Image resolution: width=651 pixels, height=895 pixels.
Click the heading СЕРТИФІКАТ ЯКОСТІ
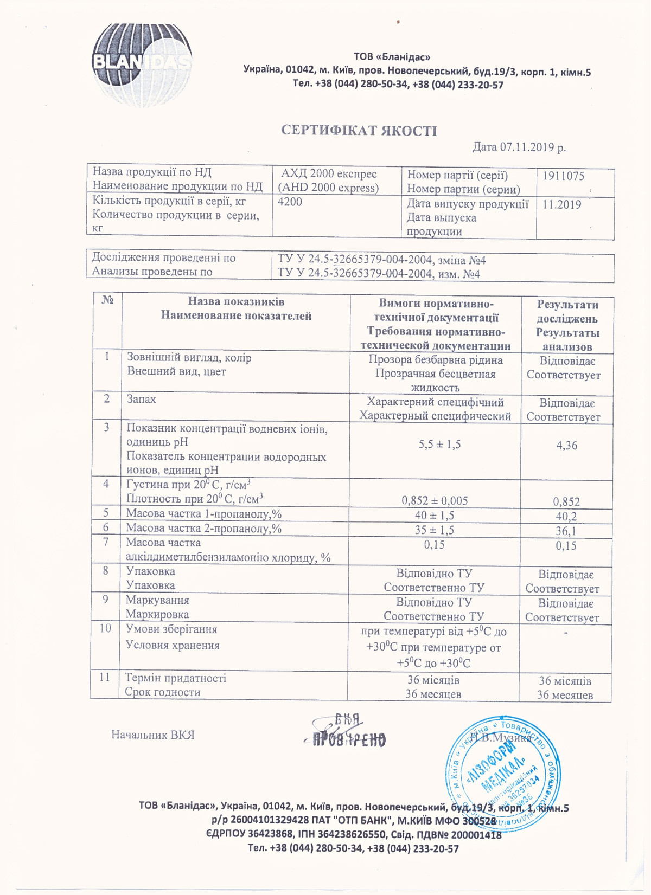coord(359,131)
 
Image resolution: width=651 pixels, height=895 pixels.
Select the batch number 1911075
coord(564,176)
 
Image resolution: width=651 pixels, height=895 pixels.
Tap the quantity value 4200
coord(290,202)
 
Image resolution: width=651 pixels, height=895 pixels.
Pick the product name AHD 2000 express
coord(328,188)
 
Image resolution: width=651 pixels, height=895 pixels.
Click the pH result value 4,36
coord(566,446)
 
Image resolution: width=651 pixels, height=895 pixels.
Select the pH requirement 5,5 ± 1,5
coord(439,445)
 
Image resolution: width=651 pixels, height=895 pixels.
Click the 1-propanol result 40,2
coord(566,517)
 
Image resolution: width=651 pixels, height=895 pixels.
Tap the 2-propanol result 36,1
coord(566,532)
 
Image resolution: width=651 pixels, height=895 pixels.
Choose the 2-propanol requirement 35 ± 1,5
coord(434,530)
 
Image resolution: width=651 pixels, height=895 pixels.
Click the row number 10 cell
coord(105,628)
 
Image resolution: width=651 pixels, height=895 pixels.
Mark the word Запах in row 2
coord(141,399)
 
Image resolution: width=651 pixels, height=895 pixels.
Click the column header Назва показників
coord(236,302)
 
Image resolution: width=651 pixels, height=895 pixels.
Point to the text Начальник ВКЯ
coord(152,735)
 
